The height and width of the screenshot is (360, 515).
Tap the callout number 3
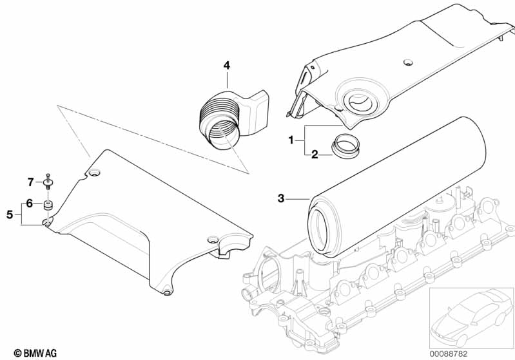pos(280,198)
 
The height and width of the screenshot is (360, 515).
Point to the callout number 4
pos(226,65)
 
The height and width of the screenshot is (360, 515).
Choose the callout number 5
pos(10,214)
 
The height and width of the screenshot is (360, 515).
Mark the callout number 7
pos(30,182)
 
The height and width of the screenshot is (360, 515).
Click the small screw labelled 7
pos(49,181)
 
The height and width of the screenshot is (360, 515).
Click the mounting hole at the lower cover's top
pos(95,172)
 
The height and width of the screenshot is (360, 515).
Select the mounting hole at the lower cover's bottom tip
pos(167,294)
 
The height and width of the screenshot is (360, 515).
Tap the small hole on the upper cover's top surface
pos(406,62)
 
